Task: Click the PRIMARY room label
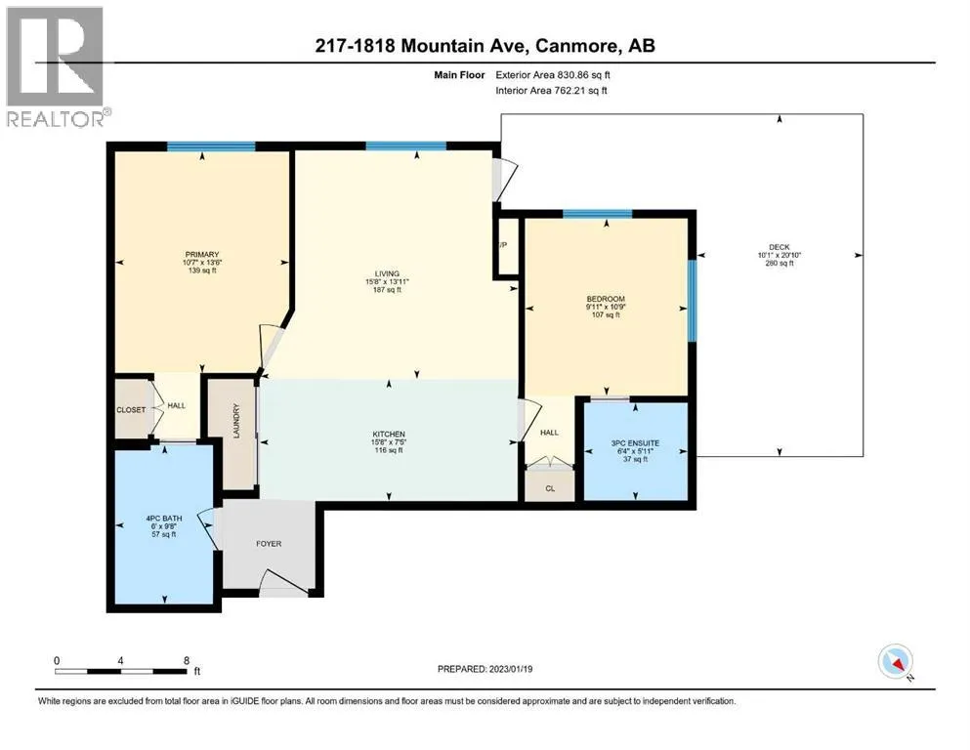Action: pos(202,254)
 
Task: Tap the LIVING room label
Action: pos(387,273)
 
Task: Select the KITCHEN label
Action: pos(389,434)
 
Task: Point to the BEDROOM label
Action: pos(606,299)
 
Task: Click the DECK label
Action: pos(780,247)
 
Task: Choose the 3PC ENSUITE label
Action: pos(635,443)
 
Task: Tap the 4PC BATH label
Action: pos(164,519)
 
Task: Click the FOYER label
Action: pos(269,544)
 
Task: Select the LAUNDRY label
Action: pos(235,421)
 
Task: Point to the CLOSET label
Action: pos(131,410)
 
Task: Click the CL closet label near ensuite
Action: pos(550,488)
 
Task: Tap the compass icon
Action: pos(896,662)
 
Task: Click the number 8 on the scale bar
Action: pos(187,660)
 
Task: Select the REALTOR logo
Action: pos(57,66)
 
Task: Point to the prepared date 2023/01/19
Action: pos(510,669)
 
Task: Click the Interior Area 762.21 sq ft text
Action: pos(551,90)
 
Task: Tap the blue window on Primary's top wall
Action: pos(211,146)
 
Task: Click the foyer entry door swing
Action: pos(284,582)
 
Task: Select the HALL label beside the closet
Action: pos(176,405)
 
